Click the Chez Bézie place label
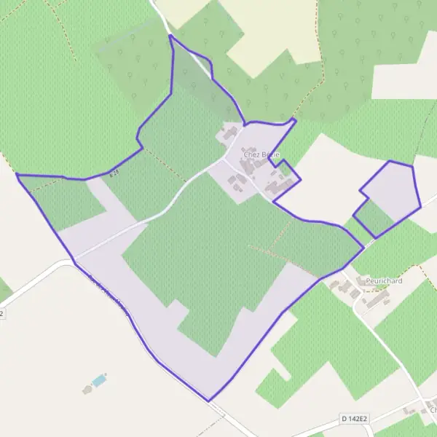261,154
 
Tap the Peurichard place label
385,279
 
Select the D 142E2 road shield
355,420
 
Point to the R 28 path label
114,173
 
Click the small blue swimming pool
98,380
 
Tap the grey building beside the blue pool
87,390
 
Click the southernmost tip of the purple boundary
208,401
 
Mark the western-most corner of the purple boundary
16,175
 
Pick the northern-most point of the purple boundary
170,35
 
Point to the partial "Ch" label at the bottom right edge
432,409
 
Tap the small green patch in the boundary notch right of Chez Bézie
283,173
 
